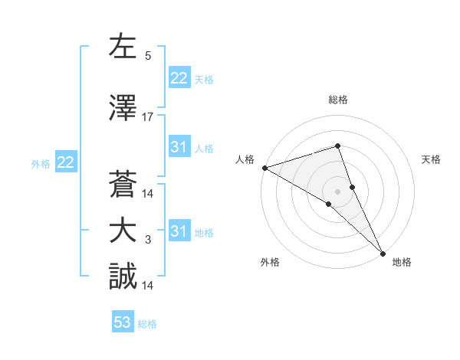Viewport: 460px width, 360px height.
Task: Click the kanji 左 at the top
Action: (x=123, y=47)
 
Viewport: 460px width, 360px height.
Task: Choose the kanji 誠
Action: (x=123, y=277)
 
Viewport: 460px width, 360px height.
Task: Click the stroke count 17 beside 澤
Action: (x=148, y=117)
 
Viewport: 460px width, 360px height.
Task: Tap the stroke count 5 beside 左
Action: (x=148, y=56)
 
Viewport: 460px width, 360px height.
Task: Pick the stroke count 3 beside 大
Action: (x=148, y=240)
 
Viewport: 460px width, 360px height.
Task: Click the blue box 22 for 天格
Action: (x=179, y=78)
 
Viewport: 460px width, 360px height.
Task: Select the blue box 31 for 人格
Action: (x=179, y=147)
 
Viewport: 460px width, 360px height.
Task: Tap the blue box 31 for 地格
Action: (x=179, y=231)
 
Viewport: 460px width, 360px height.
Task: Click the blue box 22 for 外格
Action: (x=65, y=162)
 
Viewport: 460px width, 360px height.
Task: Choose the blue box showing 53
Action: (x=123, y=322)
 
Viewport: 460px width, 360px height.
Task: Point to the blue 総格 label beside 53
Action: (x=147, y=324)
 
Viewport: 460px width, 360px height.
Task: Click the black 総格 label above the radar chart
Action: (x=338, y=100)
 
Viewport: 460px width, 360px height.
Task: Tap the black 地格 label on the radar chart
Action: (x=402, y=263)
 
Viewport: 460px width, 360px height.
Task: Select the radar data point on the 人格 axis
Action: (x=264, y=168)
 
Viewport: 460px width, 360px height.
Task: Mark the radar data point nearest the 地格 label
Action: (x=382, y=252)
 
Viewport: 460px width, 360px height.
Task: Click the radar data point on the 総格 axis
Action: (x=338, y=146)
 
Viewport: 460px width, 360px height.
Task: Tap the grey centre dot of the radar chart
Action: (x=338, y=191)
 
